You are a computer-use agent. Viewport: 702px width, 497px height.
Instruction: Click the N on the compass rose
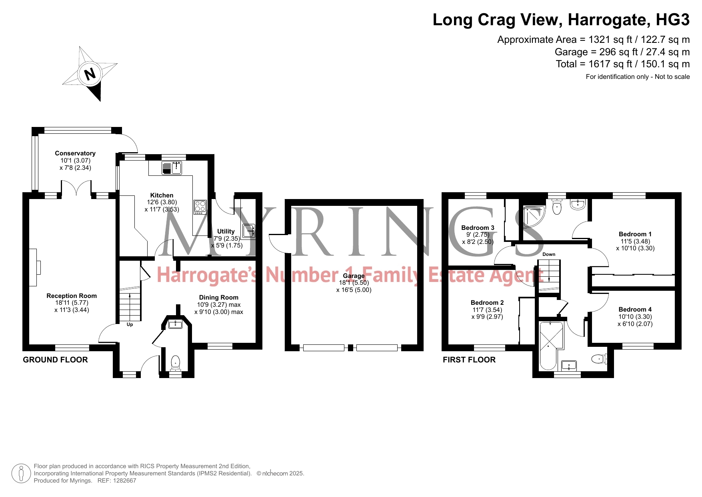coord(90,74)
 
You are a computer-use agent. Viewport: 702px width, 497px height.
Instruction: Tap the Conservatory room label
coord(75,153)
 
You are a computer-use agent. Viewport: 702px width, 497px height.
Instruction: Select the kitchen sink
coord(172,168)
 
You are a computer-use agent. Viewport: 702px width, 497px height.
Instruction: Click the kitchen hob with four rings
coord(200,207)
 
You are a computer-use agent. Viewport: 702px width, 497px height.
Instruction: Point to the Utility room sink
coord(248,231)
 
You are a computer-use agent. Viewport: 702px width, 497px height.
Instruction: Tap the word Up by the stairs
coord(130,324)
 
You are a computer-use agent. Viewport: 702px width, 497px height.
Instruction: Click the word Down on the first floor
coord(549,254)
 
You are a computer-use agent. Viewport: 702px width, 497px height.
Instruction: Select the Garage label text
coord(354,276)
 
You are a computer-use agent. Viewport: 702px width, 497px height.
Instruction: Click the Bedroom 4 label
coord(635,309)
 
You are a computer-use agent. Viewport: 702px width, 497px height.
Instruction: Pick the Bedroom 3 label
coord(478,227)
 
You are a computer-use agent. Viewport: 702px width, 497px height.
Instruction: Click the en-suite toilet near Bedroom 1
coord(557,206)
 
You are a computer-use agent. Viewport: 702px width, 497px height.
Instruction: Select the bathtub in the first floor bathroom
coord(548,345)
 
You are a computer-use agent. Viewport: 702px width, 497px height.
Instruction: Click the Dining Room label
coord(219,298)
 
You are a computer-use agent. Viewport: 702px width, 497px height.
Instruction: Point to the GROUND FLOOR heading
coord(55,360)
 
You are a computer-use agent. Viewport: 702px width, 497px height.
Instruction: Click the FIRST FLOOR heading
coord(469,360)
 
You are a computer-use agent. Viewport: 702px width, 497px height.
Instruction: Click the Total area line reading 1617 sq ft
coord(623,64)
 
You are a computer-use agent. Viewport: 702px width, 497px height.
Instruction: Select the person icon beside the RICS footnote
coord(21,473)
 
